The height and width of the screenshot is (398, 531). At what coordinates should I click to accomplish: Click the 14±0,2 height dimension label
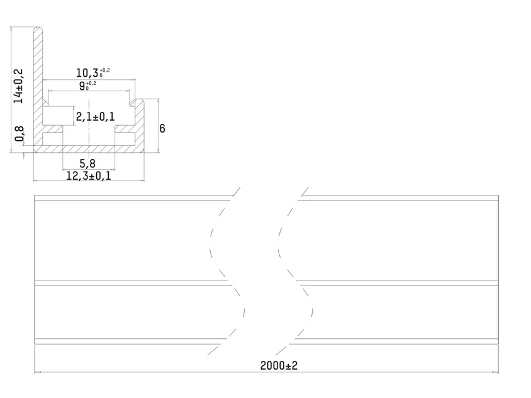(x=18, y=86)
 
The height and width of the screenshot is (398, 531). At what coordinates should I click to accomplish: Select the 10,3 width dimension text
(x=87, y=73)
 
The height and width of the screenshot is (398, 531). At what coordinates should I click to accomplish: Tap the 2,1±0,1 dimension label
(x=95, y=117)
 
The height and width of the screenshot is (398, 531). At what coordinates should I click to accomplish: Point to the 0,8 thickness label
(x=20, y=133)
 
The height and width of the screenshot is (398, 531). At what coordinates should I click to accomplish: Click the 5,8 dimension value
(x=87, y=164)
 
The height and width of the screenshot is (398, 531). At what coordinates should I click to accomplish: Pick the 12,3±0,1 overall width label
(x=88, y=176)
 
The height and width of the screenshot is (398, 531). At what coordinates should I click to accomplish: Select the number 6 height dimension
(x=162, y=128)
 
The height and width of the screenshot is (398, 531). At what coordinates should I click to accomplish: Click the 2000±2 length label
(x=279, y=365)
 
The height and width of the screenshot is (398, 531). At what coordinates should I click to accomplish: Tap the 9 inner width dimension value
(x=82, y=86)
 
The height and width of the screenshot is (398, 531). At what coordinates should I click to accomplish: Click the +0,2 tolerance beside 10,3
(x=104, y=70)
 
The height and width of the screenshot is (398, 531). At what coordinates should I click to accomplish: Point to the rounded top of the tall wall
(x=38, y=29)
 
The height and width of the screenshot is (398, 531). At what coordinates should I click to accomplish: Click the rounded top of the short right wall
(x=139, y=101)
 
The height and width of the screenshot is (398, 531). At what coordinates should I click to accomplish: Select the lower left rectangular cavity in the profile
(x=52, y=138)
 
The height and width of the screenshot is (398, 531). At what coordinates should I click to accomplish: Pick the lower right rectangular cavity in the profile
(x=125, y=138)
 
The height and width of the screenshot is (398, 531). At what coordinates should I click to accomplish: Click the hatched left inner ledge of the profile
(x=53, y=129)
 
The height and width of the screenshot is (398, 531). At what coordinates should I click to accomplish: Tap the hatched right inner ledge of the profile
(x=125, y=129)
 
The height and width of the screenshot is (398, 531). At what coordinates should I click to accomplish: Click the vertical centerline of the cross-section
(x=89, y=129)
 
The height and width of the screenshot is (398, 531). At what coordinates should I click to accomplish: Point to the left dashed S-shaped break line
(x=225, y=271)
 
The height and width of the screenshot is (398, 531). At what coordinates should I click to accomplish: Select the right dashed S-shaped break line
(x=293, y=271)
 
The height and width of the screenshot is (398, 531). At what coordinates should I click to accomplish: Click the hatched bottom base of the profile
(x=89, y=149)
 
